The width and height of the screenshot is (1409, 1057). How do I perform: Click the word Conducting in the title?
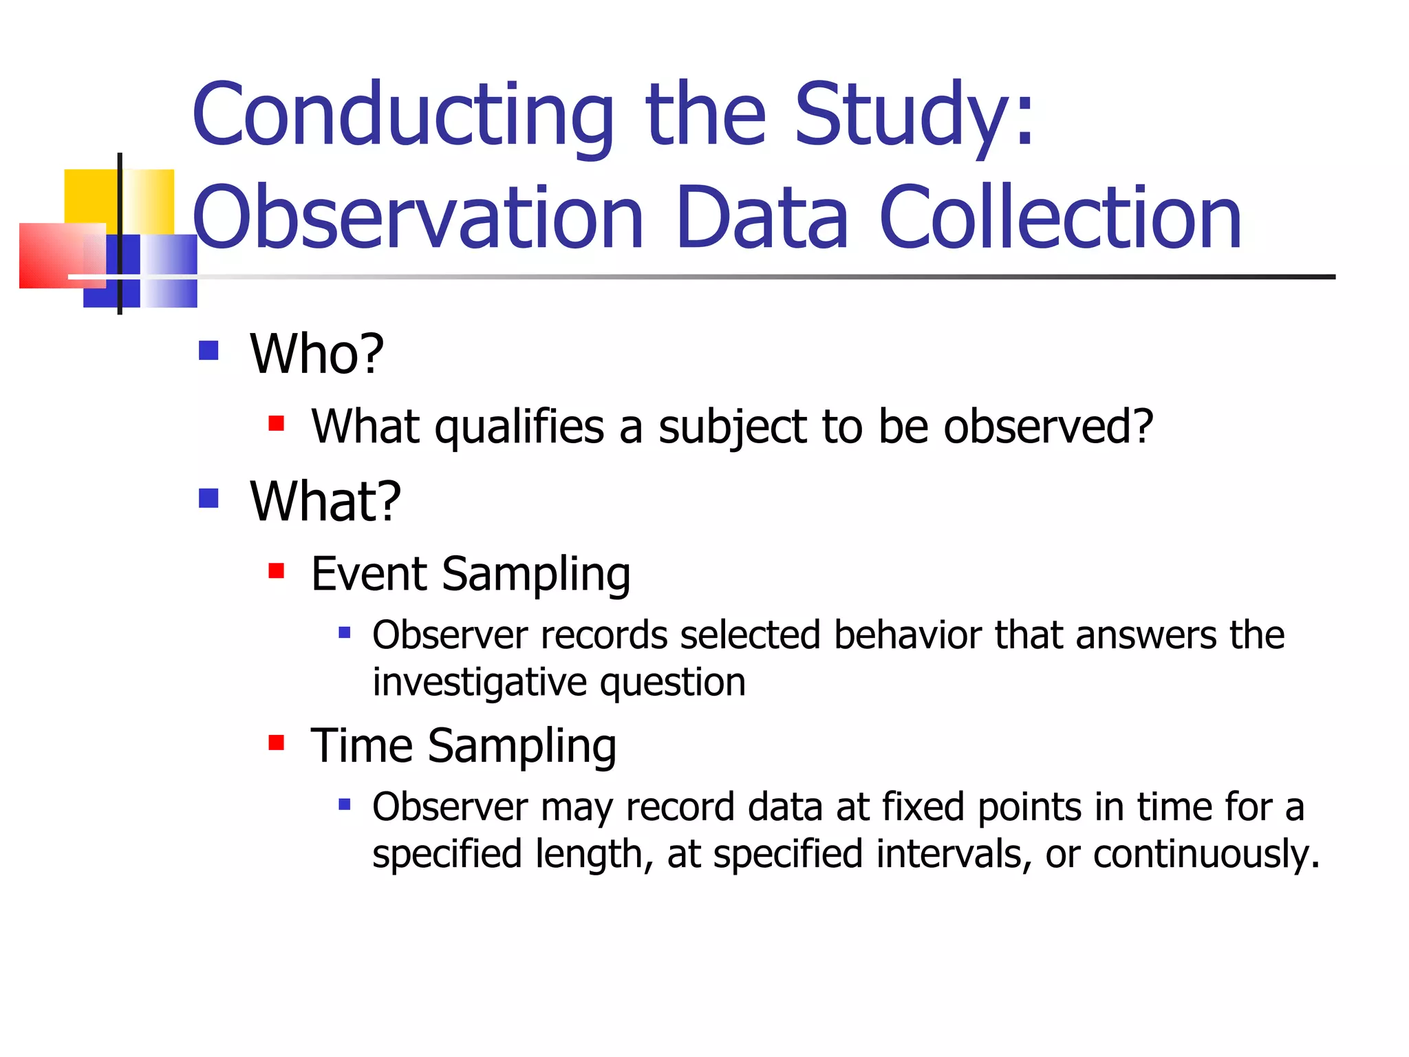click(402, 116)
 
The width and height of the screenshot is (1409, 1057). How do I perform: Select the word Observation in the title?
click(418, 219)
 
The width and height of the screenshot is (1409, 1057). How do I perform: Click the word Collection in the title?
click(1060, 219)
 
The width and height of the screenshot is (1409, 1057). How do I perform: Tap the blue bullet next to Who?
click(208, 351)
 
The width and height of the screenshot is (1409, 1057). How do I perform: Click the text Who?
click(316, 354)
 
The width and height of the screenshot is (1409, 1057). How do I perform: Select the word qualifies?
click(519, 427)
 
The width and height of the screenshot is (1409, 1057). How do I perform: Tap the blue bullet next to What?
click(208, 498)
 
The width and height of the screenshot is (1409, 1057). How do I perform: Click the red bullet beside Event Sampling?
click(277, 570)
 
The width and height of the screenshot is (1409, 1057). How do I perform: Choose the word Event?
click(369, 574)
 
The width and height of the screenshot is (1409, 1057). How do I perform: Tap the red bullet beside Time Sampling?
click(277, 743)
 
